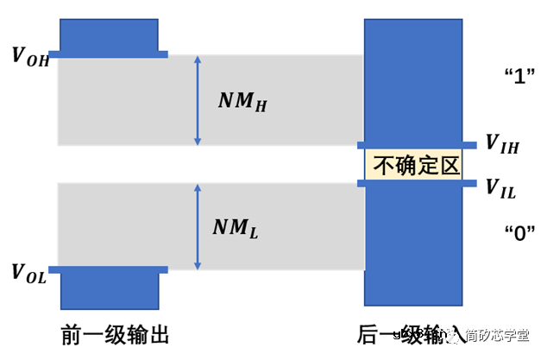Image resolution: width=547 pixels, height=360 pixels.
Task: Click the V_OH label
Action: tap(29, 56)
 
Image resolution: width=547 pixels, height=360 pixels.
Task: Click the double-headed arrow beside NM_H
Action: tap(198, 100)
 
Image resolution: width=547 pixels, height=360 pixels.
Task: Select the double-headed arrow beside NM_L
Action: tap(198, 227)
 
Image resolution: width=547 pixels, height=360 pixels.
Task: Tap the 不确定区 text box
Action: tap(413, 164)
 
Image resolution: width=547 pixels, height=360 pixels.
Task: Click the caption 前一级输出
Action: tap(113, 334)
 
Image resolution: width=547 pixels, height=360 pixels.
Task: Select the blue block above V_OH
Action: tap(109, 35)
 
